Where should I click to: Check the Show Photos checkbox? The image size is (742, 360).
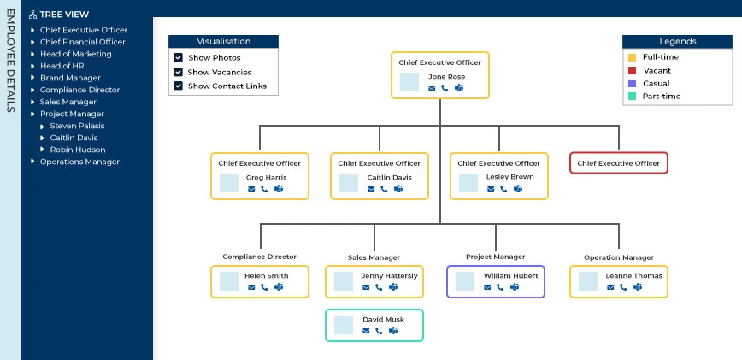[x=178, y=57]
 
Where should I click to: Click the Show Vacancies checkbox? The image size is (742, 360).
[x=178, y=72]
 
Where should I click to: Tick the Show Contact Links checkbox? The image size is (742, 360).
[x=178, y=86]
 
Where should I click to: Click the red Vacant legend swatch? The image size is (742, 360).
[x=632, y=70]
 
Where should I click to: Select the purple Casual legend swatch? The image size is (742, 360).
[x=632, y=83]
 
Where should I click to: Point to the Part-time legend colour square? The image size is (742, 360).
[x=632, y=97]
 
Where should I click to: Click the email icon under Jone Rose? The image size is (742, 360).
[x=432, y=88]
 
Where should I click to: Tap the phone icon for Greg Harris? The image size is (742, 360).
[x=264, y=189]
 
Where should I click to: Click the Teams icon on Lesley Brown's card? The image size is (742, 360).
[x=518, y=189]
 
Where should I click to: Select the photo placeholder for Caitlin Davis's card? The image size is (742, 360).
[x=349, y=183]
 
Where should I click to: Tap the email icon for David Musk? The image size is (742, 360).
[x=366, y=331]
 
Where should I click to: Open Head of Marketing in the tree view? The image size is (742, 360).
[x=75, y=54]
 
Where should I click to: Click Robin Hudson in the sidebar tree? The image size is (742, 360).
[x=78, y=150]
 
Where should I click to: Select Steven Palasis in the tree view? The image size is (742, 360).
[x=77, y=126]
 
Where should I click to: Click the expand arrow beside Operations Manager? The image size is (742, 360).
[x=33, y=162]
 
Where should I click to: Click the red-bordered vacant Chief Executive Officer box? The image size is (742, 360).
[x=618, y=163]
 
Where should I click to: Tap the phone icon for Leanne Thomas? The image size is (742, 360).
[x=623, y=287]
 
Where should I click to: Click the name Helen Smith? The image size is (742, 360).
[x=266, y=276]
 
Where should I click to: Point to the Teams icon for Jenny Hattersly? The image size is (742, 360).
[x=393, y=287]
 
